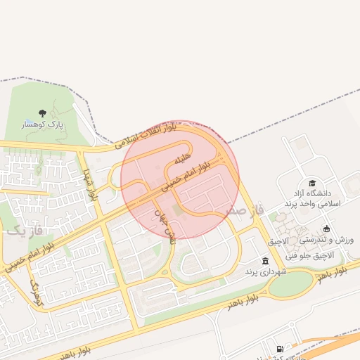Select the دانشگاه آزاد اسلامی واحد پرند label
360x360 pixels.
tap(311, 198)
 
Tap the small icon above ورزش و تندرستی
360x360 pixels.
tap(326, 229)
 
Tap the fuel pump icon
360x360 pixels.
tap(281, 349)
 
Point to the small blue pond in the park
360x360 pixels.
tap(27, 122)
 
